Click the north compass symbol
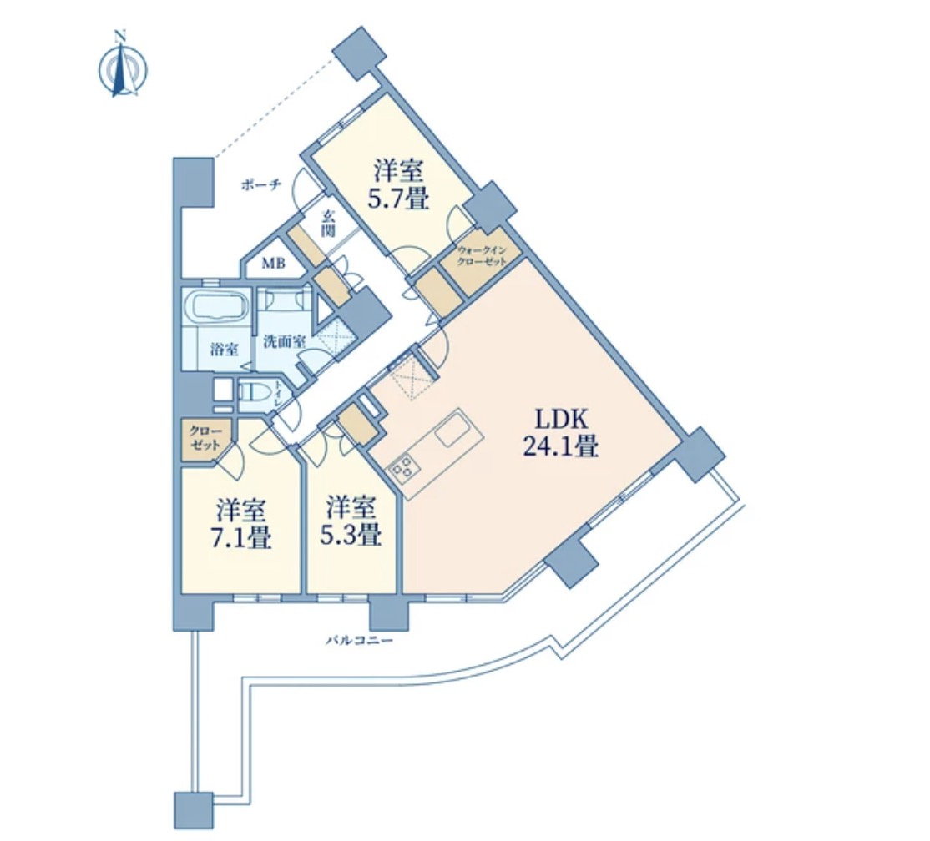(x=122, y=67)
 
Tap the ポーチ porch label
(x=260, y=185)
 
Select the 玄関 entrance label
(x=328, y=224)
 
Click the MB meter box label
(x=274, y=263)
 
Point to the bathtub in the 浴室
(x=216, y=306)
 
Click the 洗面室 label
(x=285, y=341)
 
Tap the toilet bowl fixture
(x=254, y=393)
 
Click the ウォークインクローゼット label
(x=482, y=256)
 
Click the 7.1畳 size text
(x=241, y=536)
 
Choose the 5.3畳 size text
(x=350, y=535)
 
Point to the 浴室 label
(x=225, y=349)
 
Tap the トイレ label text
(x=277, y=394)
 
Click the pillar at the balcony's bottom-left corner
(x=194, y=810)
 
